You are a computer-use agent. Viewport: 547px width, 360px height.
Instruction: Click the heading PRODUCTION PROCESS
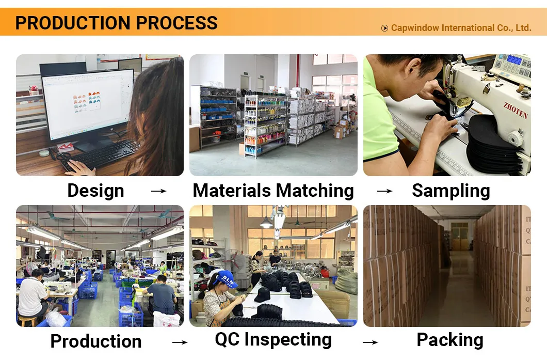(x=116, y=23)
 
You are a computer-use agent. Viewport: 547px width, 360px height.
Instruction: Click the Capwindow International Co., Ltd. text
(x=461, y=28)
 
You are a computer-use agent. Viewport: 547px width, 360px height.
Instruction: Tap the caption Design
(x=95, y=191)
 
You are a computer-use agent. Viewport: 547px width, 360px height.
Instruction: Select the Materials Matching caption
(x=273, y=191)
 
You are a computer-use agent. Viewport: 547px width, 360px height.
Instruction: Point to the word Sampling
(x=451, y=191)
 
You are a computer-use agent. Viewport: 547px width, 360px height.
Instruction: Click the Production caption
(x=95, y=341)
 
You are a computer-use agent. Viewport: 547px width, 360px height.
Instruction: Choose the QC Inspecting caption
(x=273, y=339)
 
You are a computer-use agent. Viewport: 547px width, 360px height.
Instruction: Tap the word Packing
(x=449, y=340)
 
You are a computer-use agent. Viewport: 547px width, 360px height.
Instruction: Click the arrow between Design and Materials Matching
(x=158, y=192)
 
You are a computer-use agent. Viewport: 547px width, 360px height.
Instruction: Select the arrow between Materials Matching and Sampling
(x=384, y=192)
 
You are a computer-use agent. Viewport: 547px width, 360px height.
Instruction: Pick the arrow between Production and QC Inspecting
(x=180, y=342)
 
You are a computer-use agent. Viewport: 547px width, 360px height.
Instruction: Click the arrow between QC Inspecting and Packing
(x=370, y=342)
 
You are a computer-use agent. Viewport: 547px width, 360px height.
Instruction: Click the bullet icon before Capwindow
(x=384, y=28)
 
